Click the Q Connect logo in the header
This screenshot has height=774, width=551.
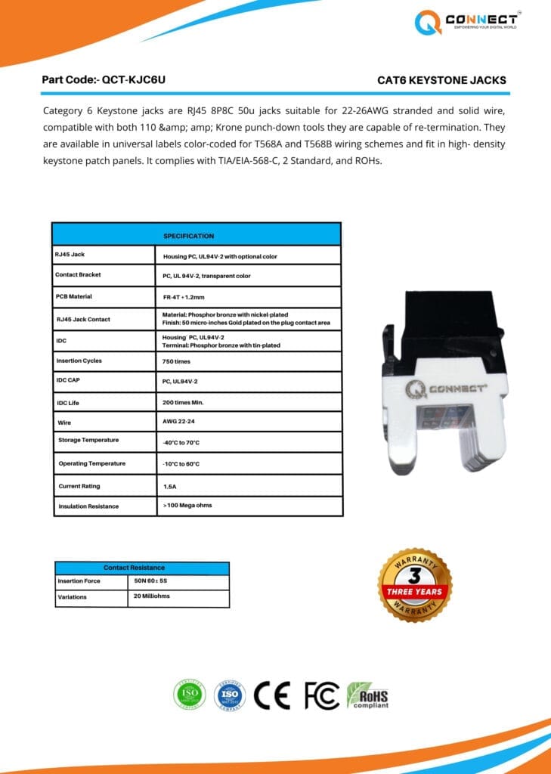pos(466,22)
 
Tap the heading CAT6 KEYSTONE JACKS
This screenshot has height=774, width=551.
pos(441,80)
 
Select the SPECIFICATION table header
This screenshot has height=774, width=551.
pos(188,236)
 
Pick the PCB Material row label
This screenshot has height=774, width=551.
pos(74,296)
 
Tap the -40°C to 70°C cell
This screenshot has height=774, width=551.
pos(181,441)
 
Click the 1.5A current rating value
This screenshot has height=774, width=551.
pos(170,487)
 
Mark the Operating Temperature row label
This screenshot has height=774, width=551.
pos(92,463)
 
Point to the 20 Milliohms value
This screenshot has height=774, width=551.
pos(151,596)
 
